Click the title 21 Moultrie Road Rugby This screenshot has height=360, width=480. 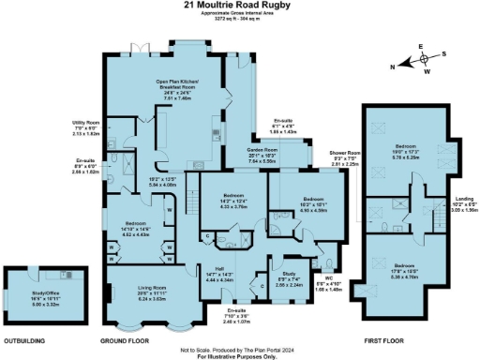(239, 6)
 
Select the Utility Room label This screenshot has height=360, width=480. (85, 121)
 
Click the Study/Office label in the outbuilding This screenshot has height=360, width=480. (32, 293)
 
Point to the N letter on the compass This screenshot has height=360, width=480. (392, 66)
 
